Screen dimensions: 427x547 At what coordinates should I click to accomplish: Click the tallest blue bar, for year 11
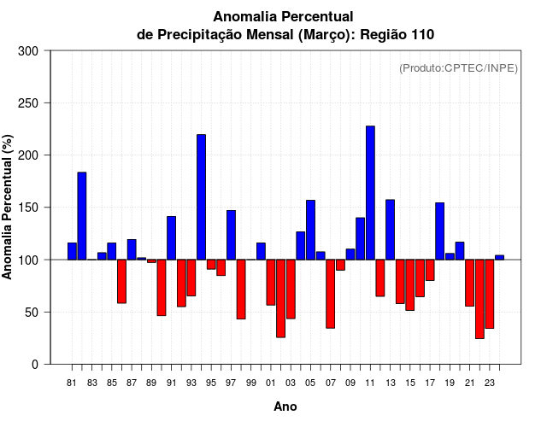[370, 192]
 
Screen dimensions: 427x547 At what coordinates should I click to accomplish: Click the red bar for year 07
[330, 294]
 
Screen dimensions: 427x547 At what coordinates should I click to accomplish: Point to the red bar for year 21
[469, 283]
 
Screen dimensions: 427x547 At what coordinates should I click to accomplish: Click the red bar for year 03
[291, 289]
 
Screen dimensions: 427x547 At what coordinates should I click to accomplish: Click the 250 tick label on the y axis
[29, 103]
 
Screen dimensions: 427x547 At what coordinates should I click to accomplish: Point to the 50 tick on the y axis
[32, 313]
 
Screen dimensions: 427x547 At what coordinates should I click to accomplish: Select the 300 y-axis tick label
[29, 51]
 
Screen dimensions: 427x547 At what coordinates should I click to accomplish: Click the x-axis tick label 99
[250, 383]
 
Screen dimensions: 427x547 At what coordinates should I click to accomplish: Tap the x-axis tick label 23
[489, 383]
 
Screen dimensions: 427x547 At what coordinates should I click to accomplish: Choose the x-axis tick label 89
[151, 383]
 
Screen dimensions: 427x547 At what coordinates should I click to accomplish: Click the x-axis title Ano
[285, 407]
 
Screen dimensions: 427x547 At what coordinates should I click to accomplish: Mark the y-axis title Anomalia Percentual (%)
[9, 208]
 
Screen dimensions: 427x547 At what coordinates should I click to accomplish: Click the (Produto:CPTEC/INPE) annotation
[458, 67]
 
